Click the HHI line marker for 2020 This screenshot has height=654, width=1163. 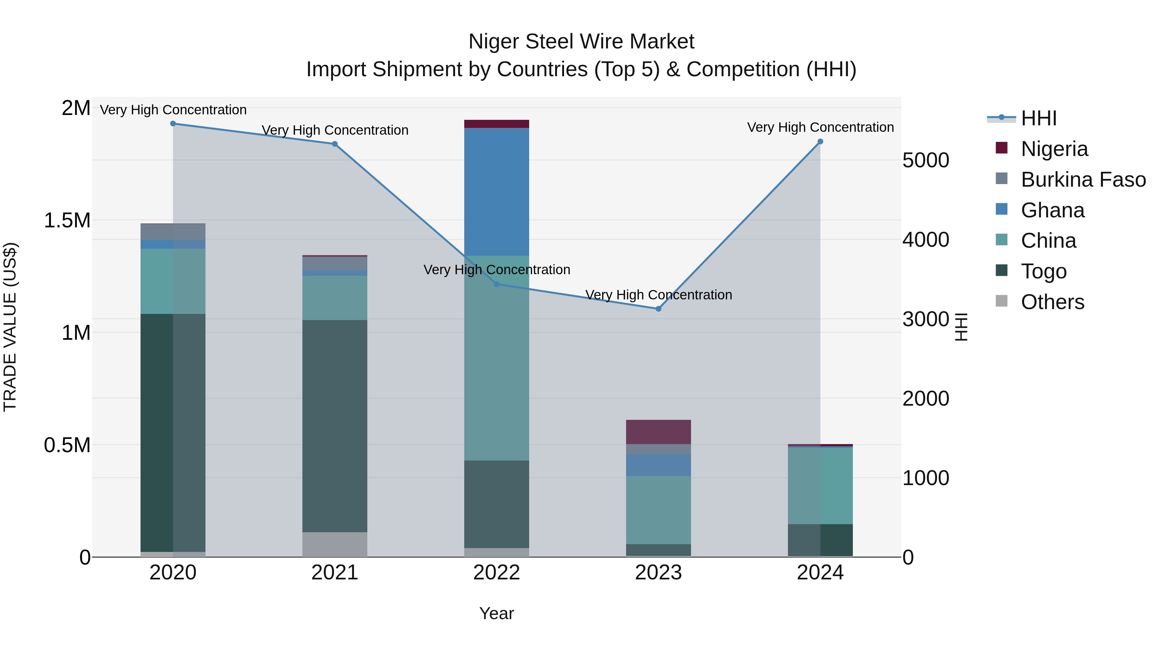pyautogui.click(x=173, y=124)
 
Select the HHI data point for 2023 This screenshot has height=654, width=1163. pyautogui.click(x=658, y=309)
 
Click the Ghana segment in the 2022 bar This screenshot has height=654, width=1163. pyautogui.click(x=497, y=192)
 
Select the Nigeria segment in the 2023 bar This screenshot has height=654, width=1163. pyautogui.click(x=658, y=432)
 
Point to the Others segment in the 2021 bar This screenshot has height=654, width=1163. pyautogui.click(x=335, y=544)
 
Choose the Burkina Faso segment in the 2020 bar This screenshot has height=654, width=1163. pyautogui.click(x=173, y=232)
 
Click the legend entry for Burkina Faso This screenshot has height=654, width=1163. pyautogui.click(x=1083, y=180)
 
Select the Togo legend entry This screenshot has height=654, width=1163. pyautogui.click(x=1043, y=271)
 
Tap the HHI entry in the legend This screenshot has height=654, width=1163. pyautogui.click(x=1038, y=118)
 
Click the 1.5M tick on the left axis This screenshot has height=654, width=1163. pyautogui.click(x=67, y=221)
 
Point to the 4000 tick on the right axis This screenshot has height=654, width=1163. pyautogui.click(x=926, y=240)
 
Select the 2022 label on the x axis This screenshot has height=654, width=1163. pyautogui.click(x=497, y=573)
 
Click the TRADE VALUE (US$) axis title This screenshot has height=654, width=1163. pyautogui.click(x=10, y=327)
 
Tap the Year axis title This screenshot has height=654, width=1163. pyautogui.click(x=497, y=613)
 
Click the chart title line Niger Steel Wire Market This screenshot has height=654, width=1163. pyautogui.click(x=581, y=42)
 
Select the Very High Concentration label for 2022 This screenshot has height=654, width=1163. pyautogui.click(x=497, y=269)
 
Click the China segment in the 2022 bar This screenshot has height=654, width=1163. pyautogui.click(x=497, y=358)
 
